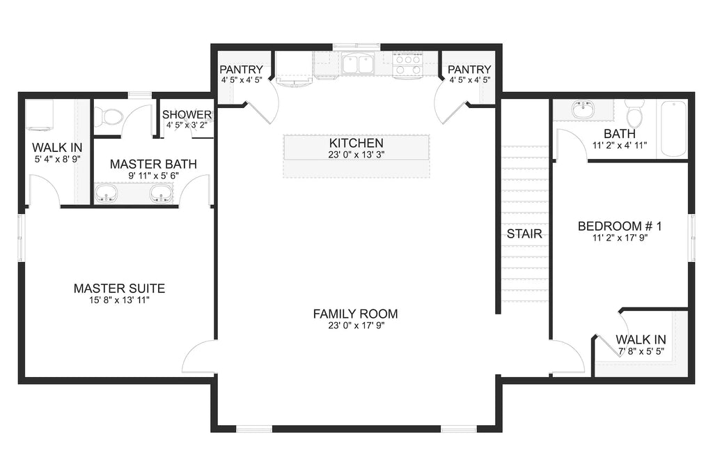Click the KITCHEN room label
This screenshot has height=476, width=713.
click(x=356, y=143)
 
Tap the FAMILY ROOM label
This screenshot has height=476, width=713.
click(x=355, y=314)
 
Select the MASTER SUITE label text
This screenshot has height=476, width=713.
click(x=119, y=288)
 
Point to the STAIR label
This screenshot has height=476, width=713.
click(x=524, y=234)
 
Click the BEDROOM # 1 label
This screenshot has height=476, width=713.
click(x=619, y=226)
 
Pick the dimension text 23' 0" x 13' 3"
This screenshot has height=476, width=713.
click(x=356, y=155)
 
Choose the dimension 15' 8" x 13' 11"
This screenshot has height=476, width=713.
click(x=119, y=300)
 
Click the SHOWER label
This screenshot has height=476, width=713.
click(x=187, y=115)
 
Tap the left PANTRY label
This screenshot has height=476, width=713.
click(x=241, y=70)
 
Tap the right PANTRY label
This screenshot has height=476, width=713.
click(x=469, y=70)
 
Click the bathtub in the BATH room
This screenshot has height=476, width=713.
click(x=673, y=129)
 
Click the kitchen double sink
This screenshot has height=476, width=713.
click(x=359, y=65)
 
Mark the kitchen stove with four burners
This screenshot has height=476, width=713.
click(x=408, y=65)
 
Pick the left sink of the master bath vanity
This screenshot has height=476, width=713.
click(x=107, y=193)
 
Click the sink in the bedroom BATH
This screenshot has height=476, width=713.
click(x=583, y=110)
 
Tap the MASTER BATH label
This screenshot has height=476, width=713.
click(x=153, y=164)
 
